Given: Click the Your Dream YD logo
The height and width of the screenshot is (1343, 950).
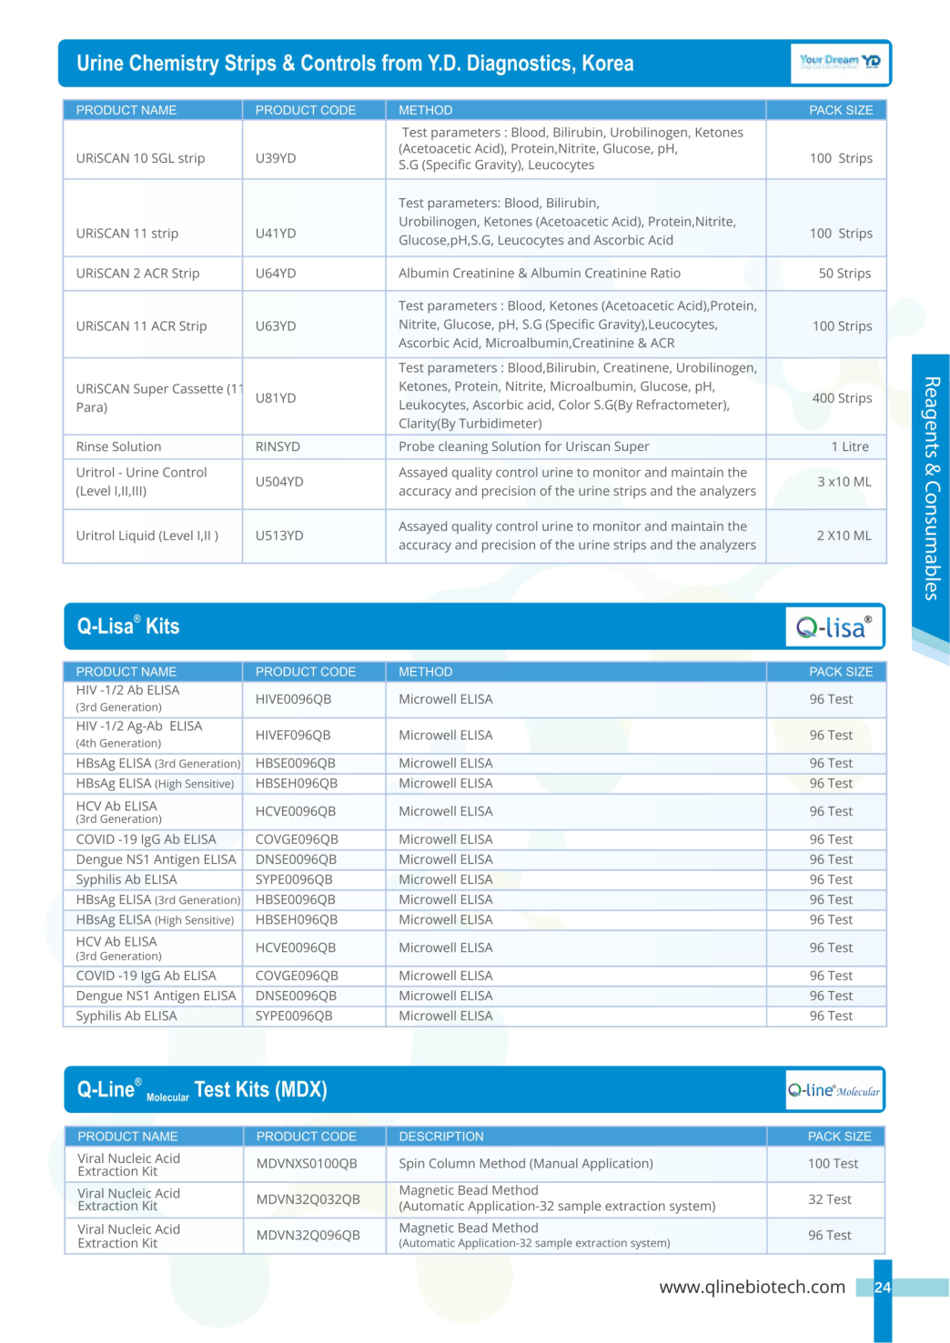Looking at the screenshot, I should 839,62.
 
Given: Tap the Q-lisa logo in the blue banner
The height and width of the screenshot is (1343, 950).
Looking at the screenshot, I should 834,626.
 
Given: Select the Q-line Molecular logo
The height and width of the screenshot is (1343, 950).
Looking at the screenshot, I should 834,1090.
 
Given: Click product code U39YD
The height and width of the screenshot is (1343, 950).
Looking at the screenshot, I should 276,158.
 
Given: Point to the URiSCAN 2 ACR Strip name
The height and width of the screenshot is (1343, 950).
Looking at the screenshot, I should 137,274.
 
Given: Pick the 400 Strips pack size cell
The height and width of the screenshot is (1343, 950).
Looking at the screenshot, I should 842,398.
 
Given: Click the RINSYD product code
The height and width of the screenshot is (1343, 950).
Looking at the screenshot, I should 278,447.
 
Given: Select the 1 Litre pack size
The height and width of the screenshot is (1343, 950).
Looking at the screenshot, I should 850,447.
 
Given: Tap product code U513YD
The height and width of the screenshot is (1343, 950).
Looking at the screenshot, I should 279,536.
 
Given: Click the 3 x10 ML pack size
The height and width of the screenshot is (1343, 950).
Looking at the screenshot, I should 844,482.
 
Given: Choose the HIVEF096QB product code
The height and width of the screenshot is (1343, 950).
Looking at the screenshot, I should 293,736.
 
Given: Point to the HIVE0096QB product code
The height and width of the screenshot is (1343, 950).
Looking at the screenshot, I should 293,700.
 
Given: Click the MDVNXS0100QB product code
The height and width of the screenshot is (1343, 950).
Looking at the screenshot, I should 307,1164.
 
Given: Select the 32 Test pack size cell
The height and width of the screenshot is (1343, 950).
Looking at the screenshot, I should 830,1200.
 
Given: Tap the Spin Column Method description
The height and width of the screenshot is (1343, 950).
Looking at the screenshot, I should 526,1164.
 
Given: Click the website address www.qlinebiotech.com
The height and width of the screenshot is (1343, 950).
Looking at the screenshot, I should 753,1288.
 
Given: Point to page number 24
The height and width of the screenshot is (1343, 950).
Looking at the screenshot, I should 883,1288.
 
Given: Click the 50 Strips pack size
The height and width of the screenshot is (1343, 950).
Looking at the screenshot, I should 844,274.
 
